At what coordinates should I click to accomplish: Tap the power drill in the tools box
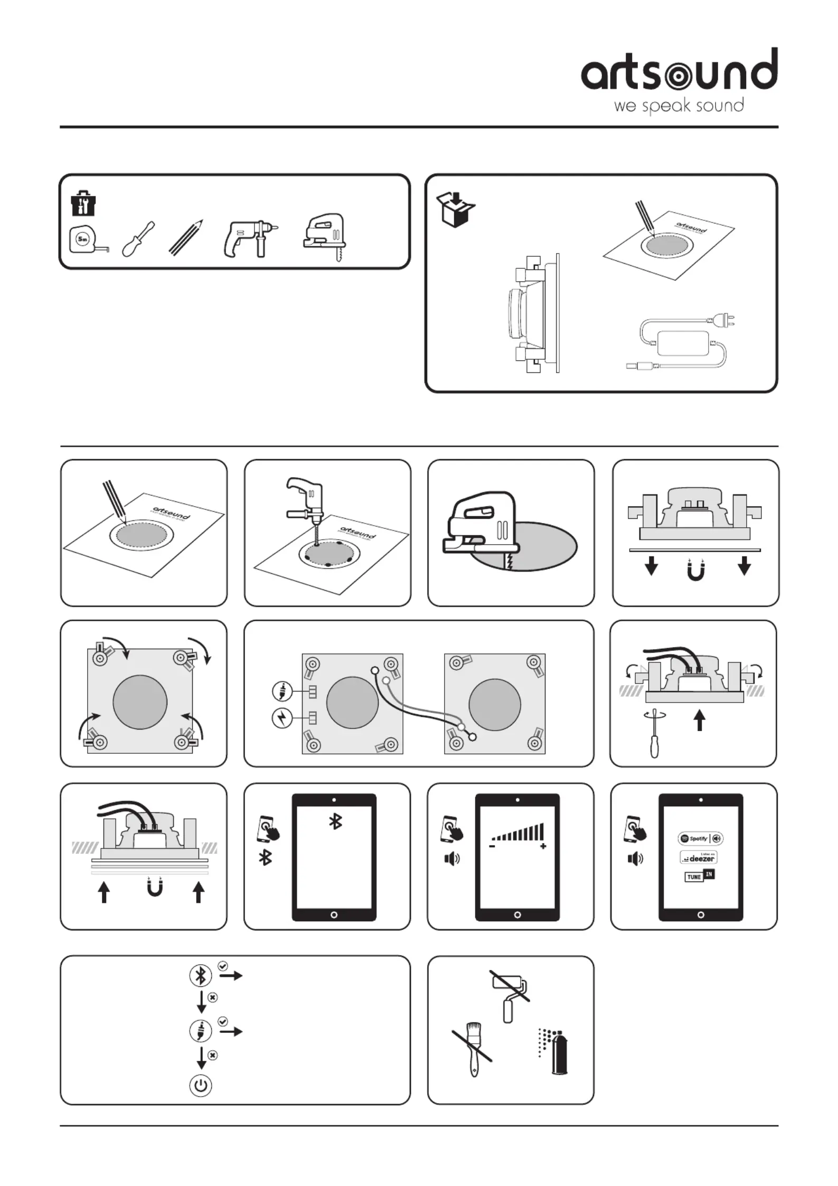pyautogui.click(x=248, y=239)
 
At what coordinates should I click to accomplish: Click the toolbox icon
pyautogui.click(x=83, y=203)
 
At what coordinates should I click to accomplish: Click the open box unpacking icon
pyautogui.click(x=456, y=209)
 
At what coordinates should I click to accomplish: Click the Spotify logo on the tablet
pyautogui.click(x=700, y=838)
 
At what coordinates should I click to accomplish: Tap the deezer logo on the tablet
pyautogui.click(x=699, y=857)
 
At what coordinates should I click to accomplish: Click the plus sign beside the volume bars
pyautogui.click(x=543, y=846)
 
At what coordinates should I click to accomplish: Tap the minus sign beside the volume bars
pyautogui.click(x=492, y=846)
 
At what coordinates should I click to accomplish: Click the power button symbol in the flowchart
pyautogui.click(x=201, y=1086)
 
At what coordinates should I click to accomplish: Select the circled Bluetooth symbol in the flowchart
pyautogui.click(x=201, y=975)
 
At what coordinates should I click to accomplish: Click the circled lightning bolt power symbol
pyautogui.click(x=282, y=718)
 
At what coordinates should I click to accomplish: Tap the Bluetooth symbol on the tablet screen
pyautogui.click(x=335, y=821)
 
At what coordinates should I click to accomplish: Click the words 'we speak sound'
pyautogui.click(x=679, y=106)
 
